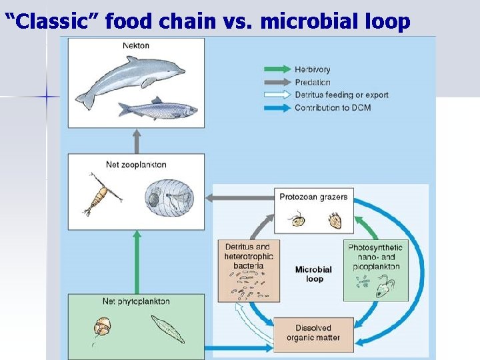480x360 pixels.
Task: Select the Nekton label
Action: click(136, 46)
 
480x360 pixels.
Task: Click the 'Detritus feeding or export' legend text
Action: click(341, 95)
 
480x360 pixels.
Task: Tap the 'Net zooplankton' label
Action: click(136, 165)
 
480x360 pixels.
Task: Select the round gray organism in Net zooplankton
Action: click(169, 197)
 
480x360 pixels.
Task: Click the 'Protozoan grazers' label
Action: click(313, 197)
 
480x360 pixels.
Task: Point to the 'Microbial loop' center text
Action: click(313, 274)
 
